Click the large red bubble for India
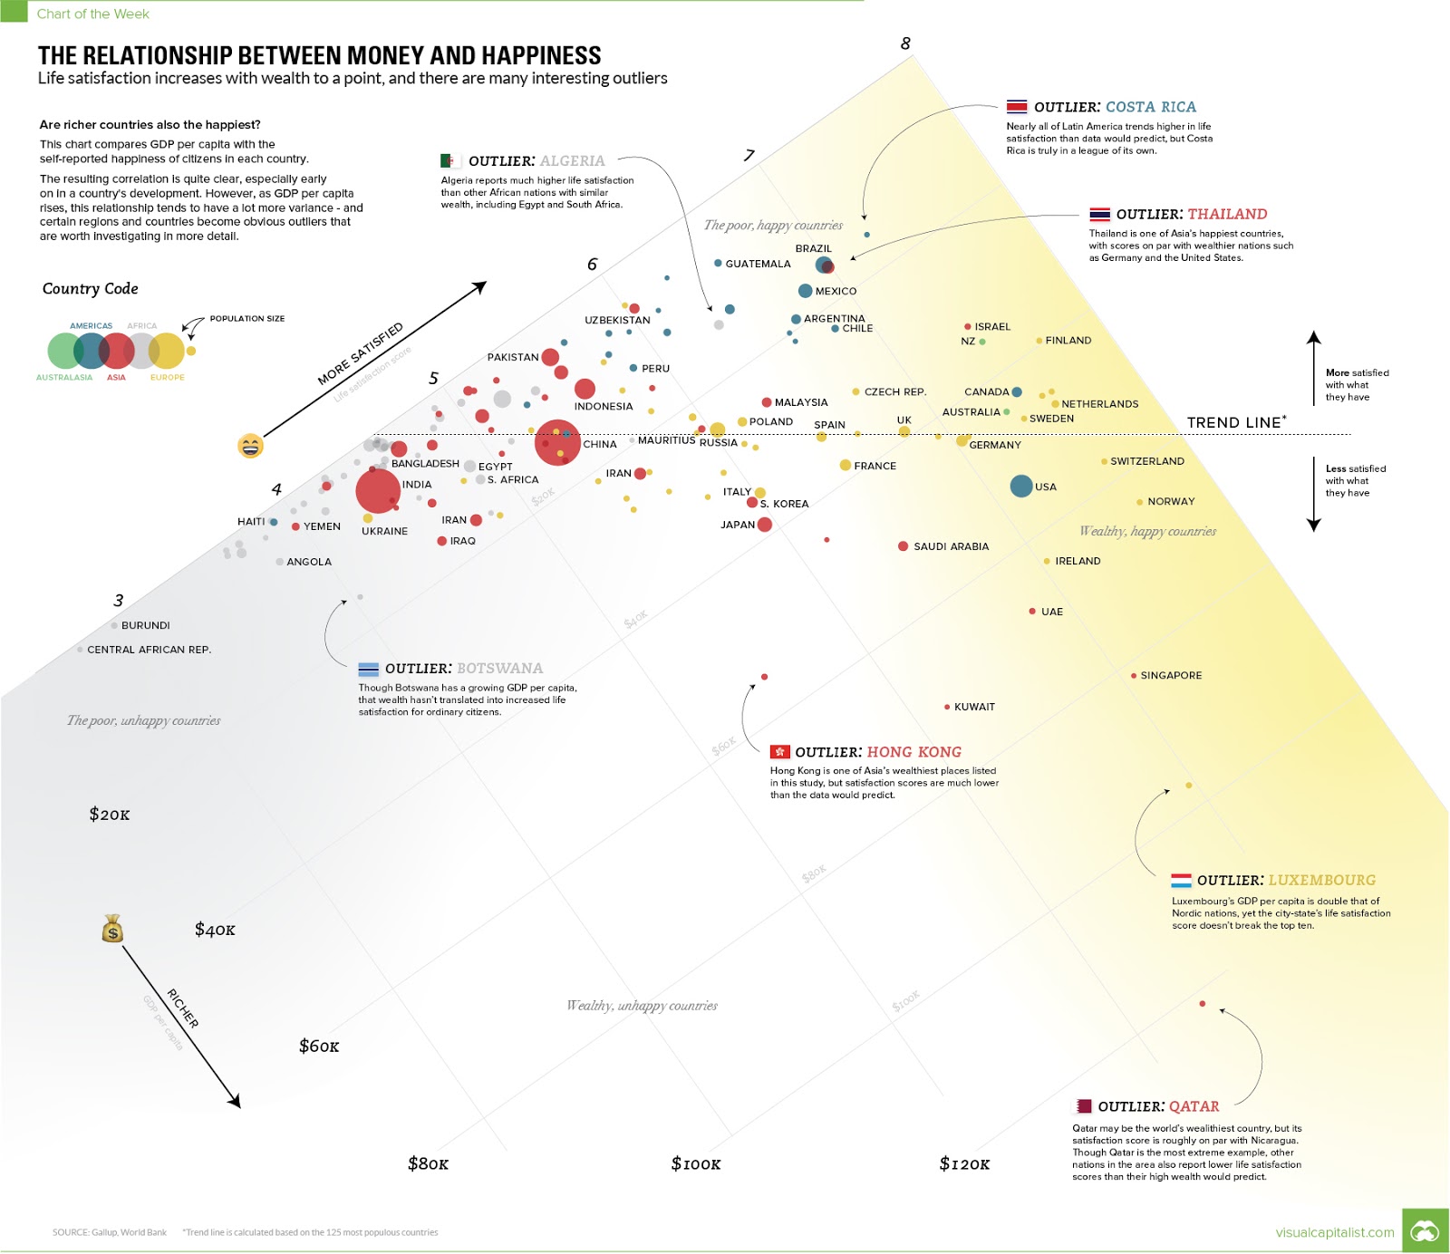click(x=378, y=491)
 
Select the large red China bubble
click(x=557, y=442)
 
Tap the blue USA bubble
click(x=1021, y=486)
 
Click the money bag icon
click(x=112, y=929)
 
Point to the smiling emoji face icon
click(x=250, y=446)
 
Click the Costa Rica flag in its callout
click(x=1017, y=107)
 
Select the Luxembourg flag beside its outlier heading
click(x=1181, y=881)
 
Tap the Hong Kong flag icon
click(x=779, y=752)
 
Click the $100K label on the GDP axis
click(x=696, y=1163)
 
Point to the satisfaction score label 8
click(x=905, y=43)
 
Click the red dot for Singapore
click(x=1134, y=676)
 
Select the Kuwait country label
click(x=974, y=707)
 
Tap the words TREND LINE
click(x=1233, y=422)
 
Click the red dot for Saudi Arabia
click(x=904, y=546)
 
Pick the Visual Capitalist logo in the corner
click(x=1425, y=1231)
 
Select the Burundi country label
click(x=145, y=625)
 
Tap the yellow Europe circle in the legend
click(x=167, y=351)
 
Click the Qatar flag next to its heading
click(x=1084, y=1106)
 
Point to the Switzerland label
click(x=1147, y=461)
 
